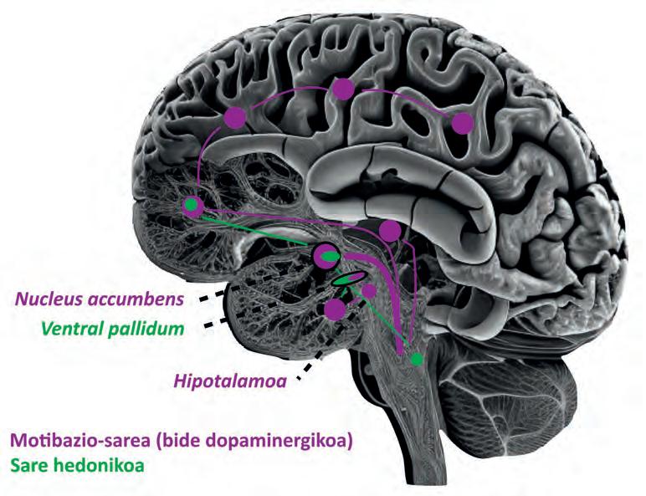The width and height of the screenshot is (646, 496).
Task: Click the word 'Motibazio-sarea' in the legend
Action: pyautogui.click(x=79, y=440)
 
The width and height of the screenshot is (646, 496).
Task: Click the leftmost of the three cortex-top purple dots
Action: pyautogui.click(x=235, y=117)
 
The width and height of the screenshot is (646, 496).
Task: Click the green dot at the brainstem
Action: pyautogui.click(x=417, y=359)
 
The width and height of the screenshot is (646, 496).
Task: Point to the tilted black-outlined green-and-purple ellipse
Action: pyautogui.click(x=349, y=279)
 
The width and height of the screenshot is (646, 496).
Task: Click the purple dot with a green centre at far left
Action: pyautogui.click(x=193, y=205)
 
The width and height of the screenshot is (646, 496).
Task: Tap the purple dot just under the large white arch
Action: pyautogui.click(x=389, y=230)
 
